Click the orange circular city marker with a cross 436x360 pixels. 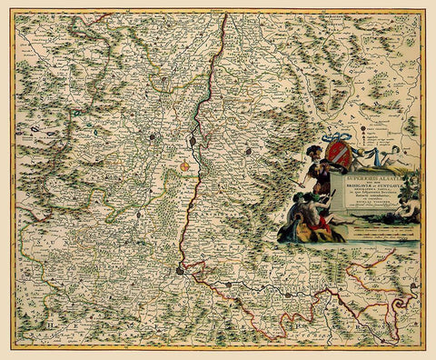pyautogui.click(x=185, y=166)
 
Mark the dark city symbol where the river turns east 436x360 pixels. pyautogui.click(x=180, y=269)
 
